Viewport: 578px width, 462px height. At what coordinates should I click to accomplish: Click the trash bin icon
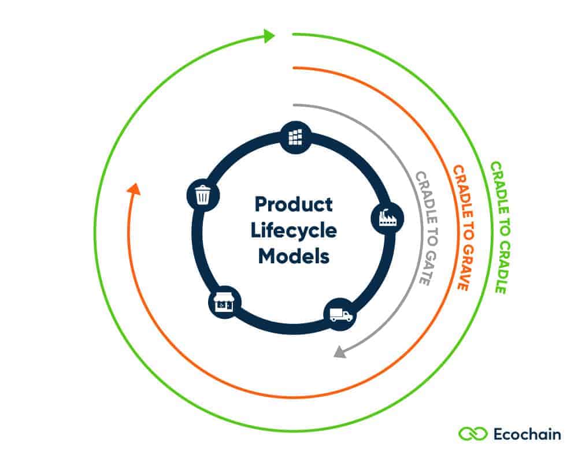pyautogui.click(x=202, y=195)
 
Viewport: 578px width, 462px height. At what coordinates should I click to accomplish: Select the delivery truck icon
pyautogui.click(x=340, y=315)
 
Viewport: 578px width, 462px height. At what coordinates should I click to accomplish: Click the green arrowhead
pyautogui.click(x=269, y=36)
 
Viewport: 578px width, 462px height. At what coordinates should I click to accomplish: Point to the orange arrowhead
pyautogui.click(x=133, y=189)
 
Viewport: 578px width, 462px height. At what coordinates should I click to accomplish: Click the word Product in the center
pyautogui.click(x=294, y=204)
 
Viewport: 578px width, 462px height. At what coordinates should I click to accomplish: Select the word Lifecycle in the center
pyautogui.click(x=294, y=230)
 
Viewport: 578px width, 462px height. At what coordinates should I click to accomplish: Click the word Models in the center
pyautogui.click(x=294, y=255)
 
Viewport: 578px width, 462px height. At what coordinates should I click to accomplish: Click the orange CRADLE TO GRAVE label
pyautogui.click(x=464, y=228)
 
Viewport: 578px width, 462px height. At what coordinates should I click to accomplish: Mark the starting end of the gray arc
pyautogui.click(x=294, y=105)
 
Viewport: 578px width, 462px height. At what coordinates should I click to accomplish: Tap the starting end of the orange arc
pyautogui.click(x=294, y=68)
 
